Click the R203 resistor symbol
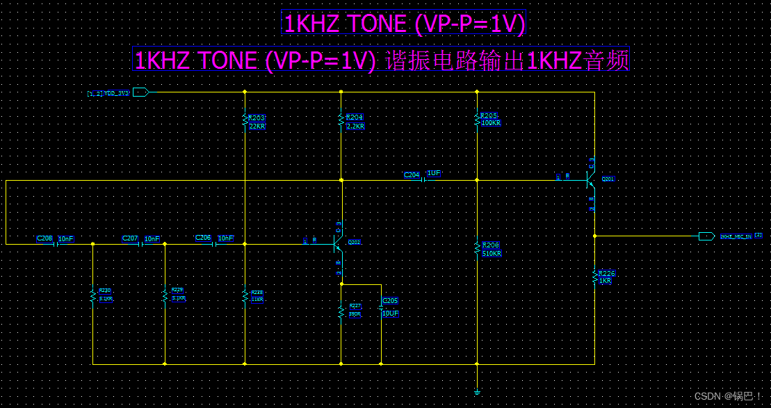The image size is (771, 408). [x=245, y=119]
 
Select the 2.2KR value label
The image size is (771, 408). [x=355, y=127]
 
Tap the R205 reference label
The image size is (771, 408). [x=489, y=115]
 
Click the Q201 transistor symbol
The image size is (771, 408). [x=590, y=179]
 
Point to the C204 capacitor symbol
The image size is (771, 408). [x=423, y=180]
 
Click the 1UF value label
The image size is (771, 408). [x=434, y=172]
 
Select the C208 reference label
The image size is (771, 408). [x=44, y=238]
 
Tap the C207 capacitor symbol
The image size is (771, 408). [x=142, y=244]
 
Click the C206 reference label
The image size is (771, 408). [x=203, y=238]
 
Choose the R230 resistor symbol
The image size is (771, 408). [x=92, y=296]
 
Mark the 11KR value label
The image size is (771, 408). [x=257, y=299]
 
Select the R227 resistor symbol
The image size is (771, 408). [x=341, y=311]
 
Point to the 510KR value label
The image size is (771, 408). [x=492, y=254]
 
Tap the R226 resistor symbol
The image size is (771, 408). [x=594, y=277]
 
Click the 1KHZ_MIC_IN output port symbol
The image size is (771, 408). [x=706, y=236]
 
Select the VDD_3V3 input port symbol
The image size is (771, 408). [x=140, y=92]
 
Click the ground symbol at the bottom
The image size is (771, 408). [x=477, y=393]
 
